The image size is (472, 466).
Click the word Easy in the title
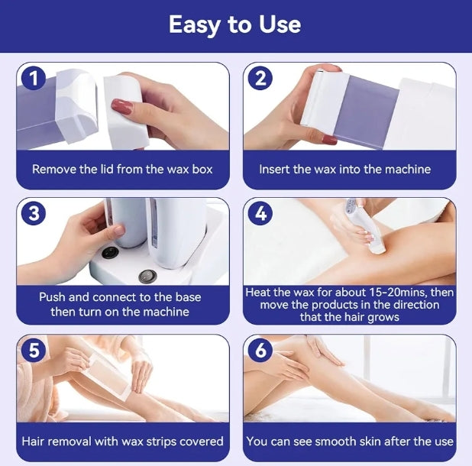click(x=195, y=25)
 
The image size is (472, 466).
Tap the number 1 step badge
click(x=34, y=78)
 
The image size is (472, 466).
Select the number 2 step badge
click(x=260, y=78)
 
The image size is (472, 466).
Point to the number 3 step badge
click(x=34, y=213)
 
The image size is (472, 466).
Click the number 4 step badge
click(x=260, y=213)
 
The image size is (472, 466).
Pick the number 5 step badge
click(x=34, y=350)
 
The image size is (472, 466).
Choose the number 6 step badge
click(x=260, y=350)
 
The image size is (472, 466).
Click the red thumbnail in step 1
click(x=122, y=107)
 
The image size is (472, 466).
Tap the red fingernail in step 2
click(x=329, y=140)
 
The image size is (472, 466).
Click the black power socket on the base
click(x=109, y=253)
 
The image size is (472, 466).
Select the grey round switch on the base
click(x=147, y=276)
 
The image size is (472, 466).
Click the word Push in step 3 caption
click(x=53, y=297)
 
